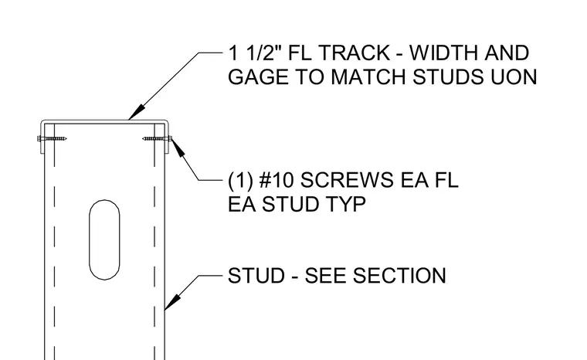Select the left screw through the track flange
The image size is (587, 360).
52,139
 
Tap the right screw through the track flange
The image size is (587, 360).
158,138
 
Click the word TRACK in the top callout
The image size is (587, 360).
354,53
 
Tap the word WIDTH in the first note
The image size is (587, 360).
443,53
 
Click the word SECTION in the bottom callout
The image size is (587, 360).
399,276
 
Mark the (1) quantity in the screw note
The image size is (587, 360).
240,180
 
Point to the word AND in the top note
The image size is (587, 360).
507,53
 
